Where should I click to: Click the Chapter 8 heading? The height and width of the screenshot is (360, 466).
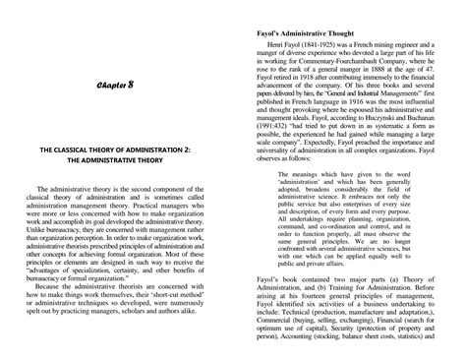114,86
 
